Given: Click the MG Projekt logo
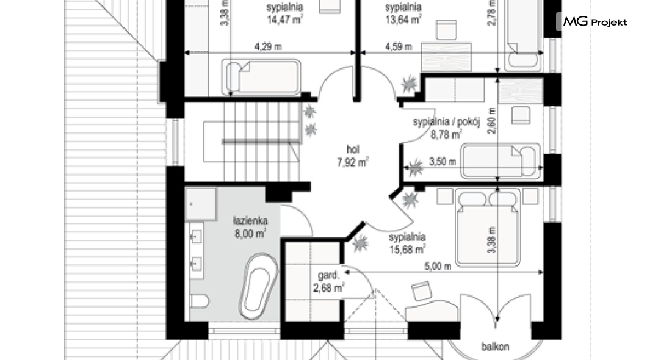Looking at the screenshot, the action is click(595, 22).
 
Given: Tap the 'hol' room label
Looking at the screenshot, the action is click(353, 149).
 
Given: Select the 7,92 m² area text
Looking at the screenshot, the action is click(352, 162).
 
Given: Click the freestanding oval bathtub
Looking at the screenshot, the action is click(259, 286).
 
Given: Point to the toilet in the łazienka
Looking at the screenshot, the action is click(200, 301).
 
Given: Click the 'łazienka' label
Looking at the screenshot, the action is click(250, 221).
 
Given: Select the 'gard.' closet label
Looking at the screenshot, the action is click(328, 275).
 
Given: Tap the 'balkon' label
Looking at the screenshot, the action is click(495, 347).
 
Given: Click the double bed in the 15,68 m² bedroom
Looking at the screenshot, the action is click(487, 228).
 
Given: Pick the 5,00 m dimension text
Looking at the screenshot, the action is click(438, 267).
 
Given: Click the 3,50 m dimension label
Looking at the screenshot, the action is click(443, 162).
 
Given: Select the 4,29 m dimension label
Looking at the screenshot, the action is click(268, 46).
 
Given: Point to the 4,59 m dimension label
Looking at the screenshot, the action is click(399, 46).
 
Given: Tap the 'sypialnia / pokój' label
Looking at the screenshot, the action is click(446, 122).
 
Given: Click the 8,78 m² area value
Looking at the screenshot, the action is click(446, 134).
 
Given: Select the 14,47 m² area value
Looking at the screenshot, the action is click(285, 20).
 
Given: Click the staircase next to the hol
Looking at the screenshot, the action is click(251, 142).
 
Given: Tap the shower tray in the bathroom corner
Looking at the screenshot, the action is click(201, 204).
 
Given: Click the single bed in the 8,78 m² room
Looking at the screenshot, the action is click(500, 161).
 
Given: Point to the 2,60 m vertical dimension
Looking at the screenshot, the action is click(491, 120).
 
